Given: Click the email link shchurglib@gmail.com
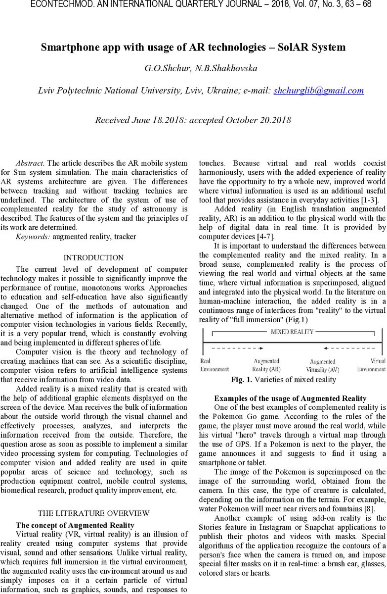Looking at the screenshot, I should [x=318, y=91].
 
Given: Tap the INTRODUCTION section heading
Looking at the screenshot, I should [x=93, y=257].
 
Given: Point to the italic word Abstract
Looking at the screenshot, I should [x=30, y=163].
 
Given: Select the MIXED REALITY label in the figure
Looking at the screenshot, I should [x=292, y=332].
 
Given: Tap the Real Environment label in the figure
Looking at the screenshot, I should [x=214, y=365].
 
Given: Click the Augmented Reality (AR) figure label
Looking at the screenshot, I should [x=266, y=365].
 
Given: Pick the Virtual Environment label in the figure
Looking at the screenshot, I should [x=371, y=365].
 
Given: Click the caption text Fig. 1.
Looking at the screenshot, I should [x=242, y=380].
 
